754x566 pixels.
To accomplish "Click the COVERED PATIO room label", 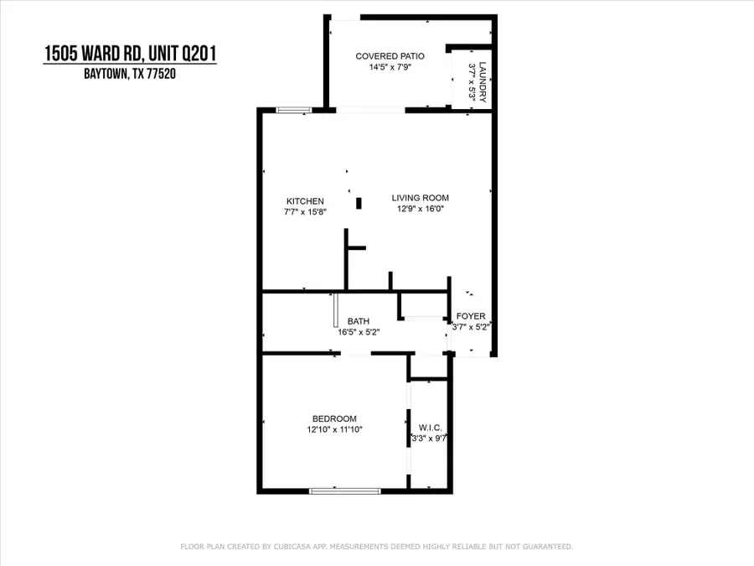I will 390,56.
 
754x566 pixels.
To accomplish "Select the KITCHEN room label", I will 305,201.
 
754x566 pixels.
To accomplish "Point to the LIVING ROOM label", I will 416,198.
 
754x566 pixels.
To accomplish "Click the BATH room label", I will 359,321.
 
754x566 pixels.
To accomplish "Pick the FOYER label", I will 470,316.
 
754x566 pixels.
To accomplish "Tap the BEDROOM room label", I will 334,419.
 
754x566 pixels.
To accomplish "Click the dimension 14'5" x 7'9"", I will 390,68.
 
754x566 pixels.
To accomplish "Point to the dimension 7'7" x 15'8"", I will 305,212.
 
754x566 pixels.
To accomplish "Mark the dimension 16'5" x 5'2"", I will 359,332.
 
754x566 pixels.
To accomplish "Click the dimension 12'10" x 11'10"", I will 334,429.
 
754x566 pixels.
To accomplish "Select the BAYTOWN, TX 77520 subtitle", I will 130,74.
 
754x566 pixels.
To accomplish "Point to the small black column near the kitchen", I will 359,202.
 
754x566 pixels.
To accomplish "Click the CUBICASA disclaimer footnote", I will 377,547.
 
